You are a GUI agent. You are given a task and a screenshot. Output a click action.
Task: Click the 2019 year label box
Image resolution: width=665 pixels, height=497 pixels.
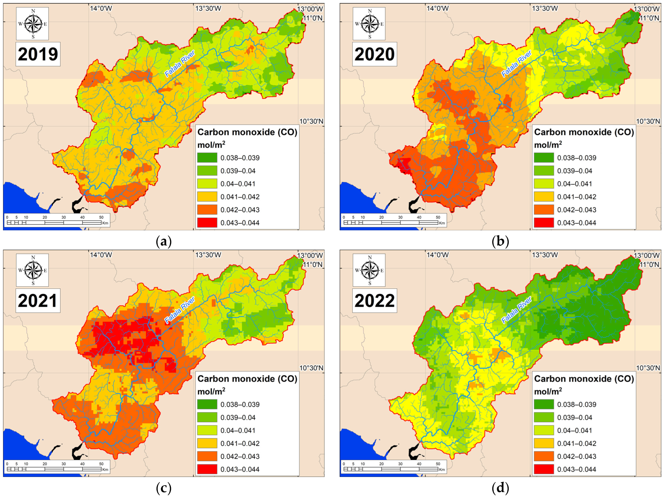38,54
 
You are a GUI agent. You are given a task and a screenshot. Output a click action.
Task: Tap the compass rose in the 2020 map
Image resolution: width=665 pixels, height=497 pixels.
369,24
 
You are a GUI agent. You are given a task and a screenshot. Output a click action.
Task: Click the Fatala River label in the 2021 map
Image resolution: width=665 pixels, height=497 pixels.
180,310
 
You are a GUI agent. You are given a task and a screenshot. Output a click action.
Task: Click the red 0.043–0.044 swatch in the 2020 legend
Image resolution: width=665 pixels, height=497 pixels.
544,223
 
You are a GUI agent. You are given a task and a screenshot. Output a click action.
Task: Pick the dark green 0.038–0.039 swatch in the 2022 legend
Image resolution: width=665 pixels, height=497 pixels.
544,404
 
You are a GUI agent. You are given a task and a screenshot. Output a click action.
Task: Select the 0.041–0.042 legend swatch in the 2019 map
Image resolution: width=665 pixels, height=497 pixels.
207,197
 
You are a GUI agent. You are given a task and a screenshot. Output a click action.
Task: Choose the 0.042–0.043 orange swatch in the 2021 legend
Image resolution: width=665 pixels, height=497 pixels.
207,456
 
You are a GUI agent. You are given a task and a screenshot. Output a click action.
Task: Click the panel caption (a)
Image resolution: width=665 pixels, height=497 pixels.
164,241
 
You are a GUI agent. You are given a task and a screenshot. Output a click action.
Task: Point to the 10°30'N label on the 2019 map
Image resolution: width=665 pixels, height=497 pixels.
311,121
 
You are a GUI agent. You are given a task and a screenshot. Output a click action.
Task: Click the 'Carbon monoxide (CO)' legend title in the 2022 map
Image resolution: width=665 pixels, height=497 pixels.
584,379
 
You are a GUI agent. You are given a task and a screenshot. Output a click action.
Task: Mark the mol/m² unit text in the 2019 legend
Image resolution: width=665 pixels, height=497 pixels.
211,145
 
